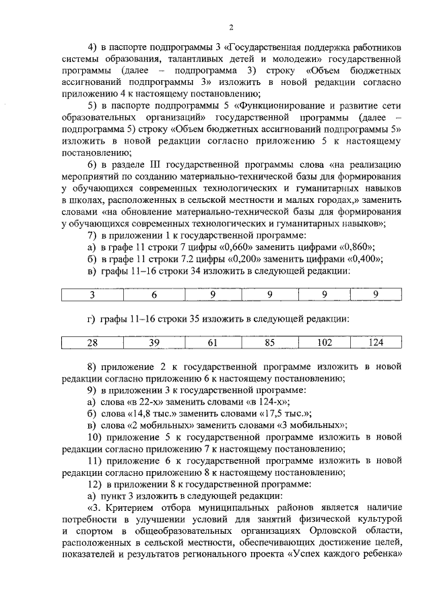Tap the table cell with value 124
point(376,342)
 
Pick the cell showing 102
point(324,342)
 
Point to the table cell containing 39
point(154,342)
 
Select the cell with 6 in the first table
point(154,294)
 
